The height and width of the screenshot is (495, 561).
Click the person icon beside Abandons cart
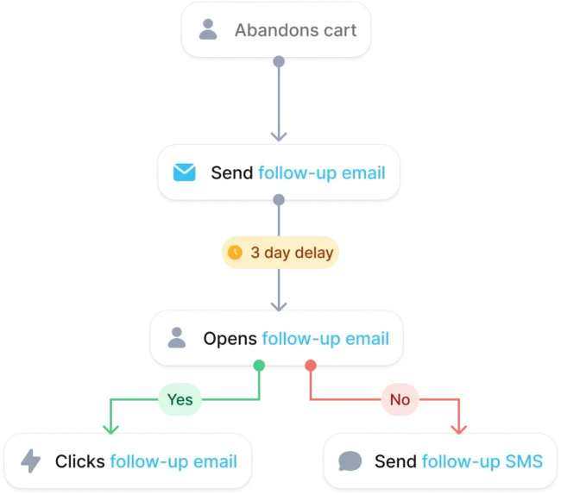(208, 29)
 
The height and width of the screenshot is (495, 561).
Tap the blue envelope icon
(184, 172)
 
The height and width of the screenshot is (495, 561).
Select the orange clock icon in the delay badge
(235, 252)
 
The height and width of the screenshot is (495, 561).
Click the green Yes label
(180, 399)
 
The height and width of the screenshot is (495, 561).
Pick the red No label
(400, 399)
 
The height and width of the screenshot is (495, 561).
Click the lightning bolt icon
(31, 461)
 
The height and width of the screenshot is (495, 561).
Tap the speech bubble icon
(350, 461)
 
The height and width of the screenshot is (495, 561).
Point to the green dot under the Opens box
(259, 366)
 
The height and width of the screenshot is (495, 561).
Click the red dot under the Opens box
(311, 366)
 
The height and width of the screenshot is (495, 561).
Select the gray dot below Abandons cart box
(279, 61)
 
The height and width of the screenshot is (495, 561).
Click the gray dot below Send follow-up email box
(279, 199)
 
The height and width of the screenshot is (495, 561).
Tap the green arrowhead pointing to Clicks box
(111, 429)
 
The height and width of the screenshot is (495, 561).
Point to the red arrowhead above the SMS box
(458, 429)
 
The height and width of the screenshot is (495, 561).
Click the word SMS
(524, 461)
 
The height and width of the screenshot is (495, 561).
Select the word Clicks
(79, 461)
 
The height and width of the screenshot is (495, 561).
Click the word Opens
(230, 338)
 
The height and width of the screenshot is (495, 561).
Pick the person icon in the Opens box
(177, 337)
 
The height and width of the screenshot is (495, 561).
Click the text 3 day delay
(292, 253)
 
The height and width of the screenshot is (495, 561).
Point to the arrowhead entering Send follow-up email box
(279, 136)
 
